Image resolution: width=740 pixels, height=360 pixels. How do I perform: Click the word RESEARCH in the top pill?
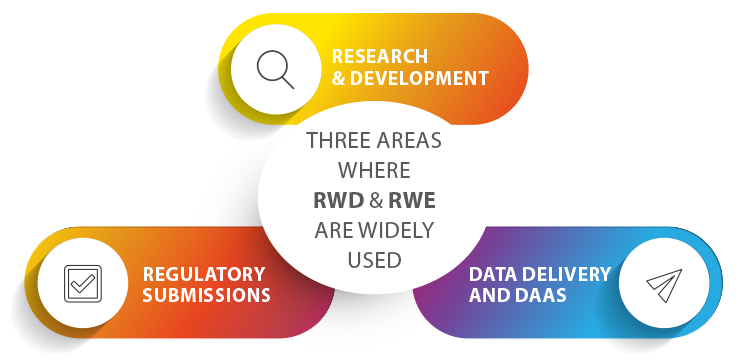(x=380, y=55)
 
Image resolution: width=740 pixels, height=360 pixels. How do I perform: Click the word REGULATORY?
(x=204, y=273)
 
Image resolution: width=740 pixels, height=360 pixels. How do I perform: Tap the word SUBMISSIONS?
(x=207, y=295)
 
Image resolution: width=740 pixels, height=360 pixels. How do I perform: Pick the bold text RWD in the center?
(x=338, y=199)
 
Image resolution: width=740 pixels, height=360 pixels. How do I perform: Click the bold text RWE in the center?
(x=411, y=199)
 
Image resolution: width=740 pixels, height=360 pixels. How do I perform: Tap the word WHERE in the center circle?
(x=374, y=170)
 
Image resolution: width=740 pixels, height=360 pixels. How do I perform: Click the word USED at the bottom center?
(x=374, y=259)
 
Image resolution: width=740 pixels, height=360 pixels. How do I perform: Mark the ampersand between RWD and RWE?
(x=374, y=199)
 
